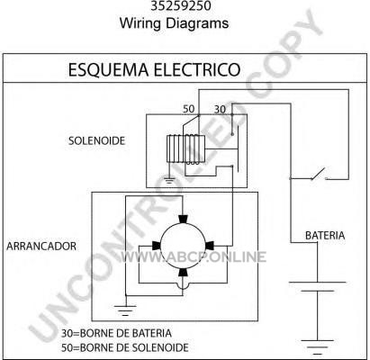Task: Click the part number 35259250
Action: coord(181,5)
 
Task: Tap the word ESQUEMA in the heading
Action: coord(108,69)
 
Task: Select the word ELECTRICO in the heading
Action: coord(197,69)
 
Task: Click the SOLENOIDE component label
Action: coord(96,140)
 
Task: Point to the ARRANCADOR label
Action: coord(41,246)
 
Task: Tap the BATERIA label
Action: coord(325,236)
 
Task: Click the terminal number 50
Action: coord(189,109)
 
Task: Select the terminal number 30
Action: coord(220,110)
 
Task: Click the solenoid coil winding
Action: coord(185,149)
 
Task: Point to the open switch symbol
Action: coord(319,175)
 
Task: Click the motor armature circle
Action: coord(184,246)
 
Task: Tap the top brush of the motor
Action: coord(183,219)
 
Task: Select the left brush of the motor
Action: coord(157,246)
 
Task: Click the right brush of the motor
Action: coord(210,246)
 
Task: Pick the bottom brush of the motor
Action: coord(183,272)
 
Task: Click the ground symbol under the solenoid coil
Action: coord(169,181)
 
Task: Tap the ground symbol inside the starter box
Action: coord(125,310)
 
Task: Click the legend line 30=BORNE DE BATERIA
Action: coord(116,333)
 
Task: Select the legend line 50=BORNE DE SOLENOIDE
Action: coord(125,347)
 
